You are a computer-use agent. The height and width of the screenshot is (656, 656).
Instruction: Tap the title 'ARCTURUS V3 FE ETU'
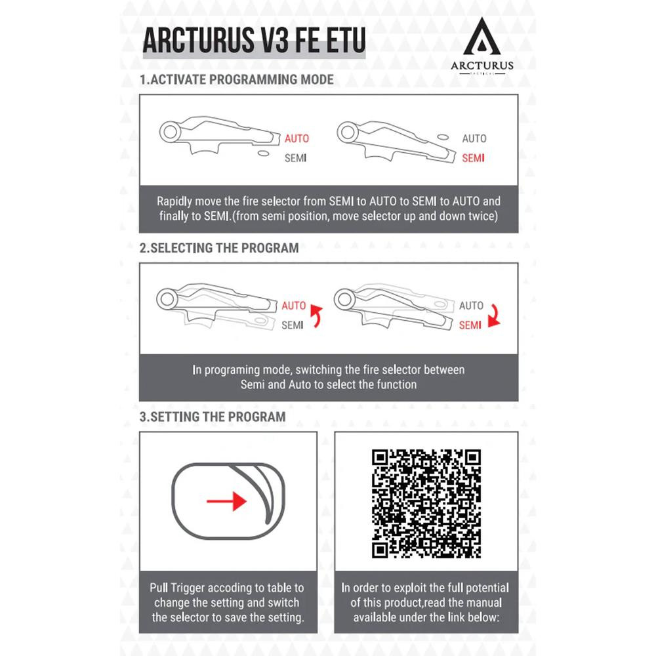point(254,41)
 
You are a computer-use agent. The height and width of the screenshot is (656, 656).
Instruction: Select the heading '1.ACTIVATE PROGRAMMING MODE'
point(237,79)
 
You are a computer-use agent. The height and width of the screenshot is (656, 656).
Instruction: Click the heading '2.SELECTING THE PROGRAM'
point(219,248)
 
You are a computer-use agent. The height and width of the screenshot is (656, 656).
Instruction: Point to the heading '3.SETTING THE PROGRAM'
point(213,417)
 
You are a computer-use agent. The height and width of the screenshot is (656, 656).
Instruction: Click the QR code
point(426,504)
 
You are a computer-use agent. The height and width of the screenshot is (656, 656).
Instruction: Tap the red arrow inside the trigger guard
point(227,501)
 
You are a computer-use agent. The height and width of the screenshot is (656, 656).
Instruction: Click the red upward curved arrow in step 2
point(317,316)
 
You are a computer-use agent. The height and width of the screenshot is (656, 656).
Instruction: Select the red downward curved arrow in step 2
point(494,316)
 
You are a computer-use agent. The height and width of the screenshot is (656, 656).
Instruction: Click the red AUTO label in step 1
point(297,138)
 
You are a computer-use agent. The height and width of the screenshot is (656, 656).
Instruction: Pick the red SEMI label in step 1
point(473,158)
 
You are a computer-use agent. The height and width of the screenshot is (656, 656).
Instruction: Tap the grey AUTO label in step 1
point(474,138)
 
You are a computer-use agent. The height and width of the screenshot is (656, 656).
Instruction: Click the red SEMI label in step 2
point(470,325)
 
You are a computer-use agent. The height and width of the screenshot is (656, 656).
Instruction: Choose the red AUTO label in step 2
point(294,306)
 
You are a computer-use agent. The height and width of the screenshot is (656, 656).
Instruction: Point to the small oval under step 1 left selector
point(264,154)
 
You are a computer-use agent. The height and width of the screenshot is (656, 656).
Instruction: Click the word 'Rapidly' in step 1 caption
point(174,201)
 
